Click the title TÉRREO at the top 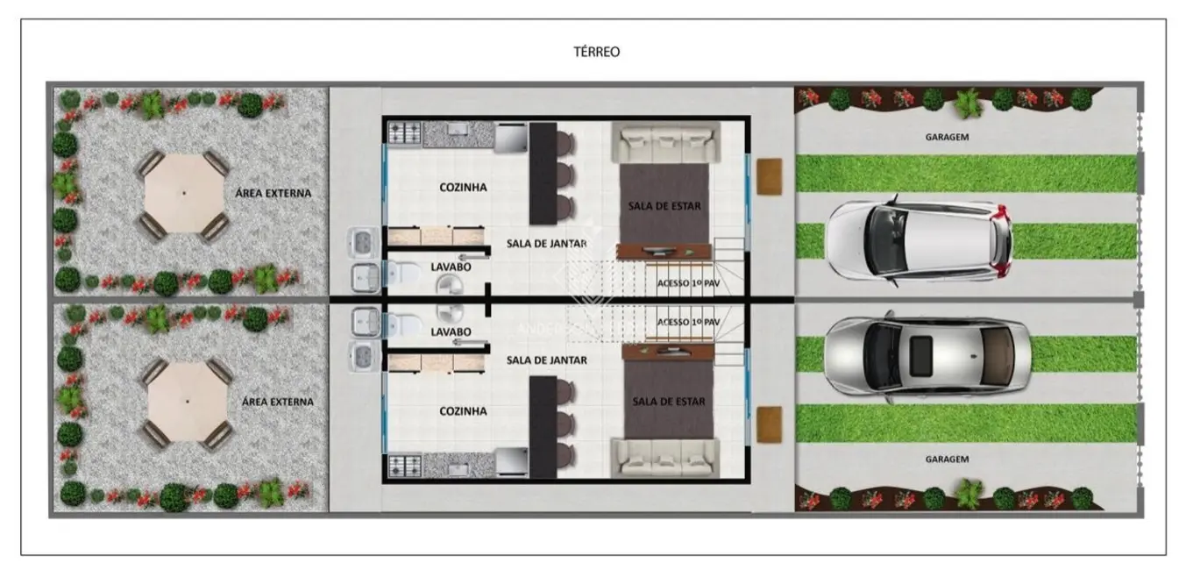coord(596,52)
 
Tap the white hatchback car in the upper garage coord(919,240)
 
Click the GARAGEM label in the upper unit coord(948,137)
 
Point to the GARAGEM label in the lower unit coord(948,459)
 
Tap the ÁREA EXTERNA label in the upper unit coord(273,193)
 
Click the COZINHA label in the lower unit coord(463,410)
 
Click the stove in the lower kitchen coord(404,465)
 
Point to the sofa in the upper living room coord(665,141)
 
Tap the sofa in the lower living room coord(665,457)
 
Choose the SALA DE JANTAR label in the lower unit coord(546,360)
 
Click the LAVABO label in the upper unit coord(451,265)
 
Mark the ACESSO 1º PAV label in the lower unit coord(687,322)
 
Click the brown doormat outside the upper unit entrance coord(770,175)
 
